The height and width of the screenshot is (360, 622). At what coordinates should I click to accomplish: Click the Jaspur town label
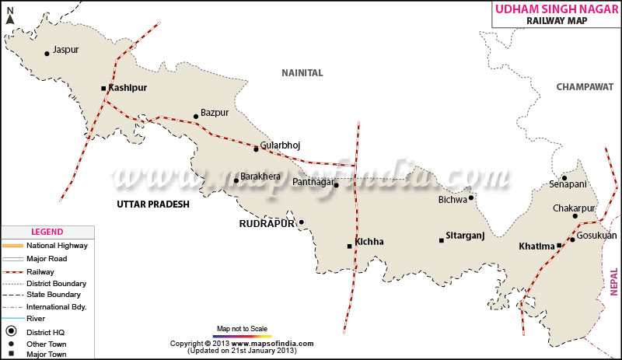[66, 50]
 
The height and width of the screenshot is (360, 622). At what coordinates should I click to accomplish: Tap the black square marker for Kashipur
[103, 89]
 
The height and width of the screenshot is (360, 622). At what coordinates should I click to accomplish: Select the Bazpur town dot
[196, 117]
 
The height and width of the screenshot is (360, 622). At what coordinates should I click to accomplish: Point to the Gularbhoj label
[280, 145]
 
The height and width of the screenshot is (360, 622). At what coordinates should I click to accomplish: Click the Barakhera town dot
[236, 181]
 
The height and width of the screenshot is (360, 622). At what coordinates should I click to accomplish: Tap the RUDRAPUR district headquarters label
[266, 223]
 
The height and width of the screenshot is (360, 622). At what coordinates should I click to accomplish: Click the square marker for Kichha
[349, 246]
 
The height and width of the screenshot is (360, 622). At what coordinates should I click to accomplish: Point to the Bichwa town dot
[471, 197]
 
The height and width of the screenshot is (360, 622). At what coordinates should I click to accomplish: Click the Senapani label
[568, 184]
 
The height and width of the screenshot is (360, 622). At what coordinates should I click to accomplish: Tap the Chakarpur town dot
[575, 215]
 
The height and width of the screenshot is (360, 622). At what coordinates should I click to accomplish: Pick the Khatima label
[536, 246]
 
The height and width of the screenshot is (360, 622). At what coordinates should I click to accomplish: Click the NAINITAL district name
[302, 72]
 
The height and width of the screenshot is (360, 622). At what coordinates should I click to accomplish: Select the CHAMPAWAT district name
[585, 87]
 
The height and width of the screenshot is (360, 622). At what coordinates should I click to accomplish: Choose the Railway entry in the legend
[40, 271]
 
